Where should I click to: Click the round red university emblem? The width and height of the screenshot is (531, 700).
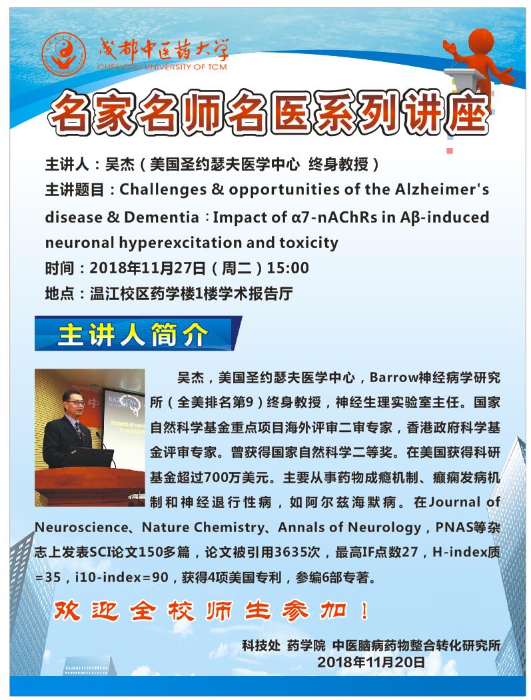[x=63, y=55]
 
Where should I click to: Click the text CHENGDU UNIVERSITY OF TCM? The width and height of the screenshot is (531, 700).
[x=162, y=67]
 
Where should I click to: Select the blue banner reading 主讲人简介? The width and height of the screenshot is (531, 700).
[x=138, y=333]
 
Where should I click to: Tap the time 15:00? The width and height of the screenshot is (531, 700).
[x=288, y=268]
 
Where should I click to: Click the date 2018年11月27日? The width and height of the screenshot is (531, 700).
[x=147, y=268]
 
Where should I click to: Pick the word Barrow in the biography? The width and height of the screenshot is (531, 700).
[x=394, y=378]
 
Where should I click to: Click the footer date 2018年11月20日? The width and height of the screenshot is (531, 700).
[x=371, y=662]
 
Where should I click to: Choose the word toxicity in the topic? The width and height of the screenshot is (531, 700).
[x=308, y=243]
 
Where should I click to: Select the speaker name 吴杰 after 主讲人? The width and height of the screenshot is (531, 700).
[x=119, y=165]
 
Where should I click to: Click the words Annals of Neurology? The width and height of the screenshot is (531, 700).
[x=349, y=527]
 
